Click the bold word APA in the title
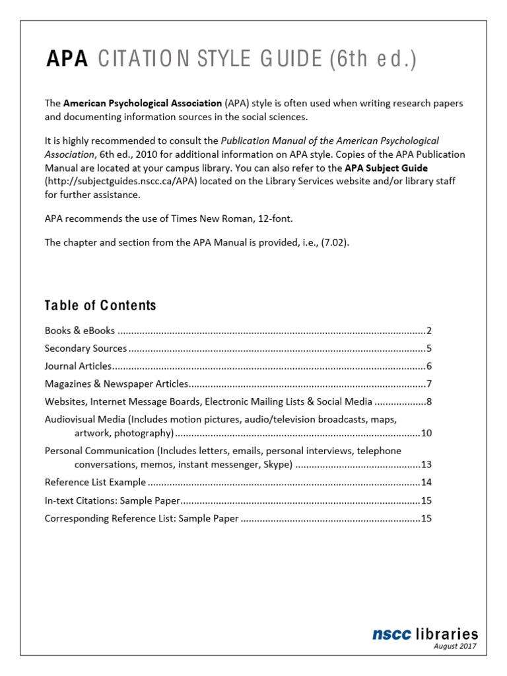click(67, 60)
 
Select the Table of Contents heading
click(100, 305)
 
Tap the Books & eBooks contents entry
click(80, 331)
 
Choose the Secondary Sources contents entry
click(86, 349)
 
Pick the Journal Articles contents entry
click(78, 366)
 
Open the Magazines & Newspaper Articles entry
click(117, 384)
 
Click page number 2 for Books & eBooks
click(428, 331)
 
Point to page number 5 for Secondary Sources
click(428, 349)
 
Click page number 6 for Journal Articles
click(428, 366)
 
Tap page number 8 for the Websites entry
click(428, 401)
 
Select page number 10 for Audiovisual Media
click(426, 434)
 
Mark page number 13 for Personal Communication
click(426, 465)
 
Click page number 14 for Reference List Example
click(426, 483)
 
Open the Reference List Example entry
click(100, 483)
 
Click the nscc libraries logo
click(424, 634)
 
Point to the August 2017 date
click(455, 646)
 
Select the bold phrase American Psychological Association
click(143, 104)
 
